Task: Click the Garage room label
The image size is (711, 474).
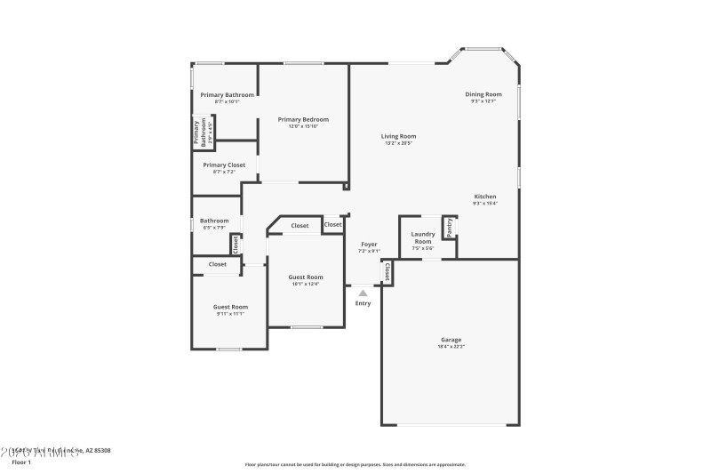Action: click(x=451, y=339)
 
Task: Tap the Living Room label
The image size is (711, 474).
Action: click(x=398, y=136)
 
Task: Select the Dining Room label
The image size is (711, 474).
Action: click(x=483, y=94)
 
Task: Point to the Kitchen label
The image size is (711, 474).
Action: click(x=484, y=197)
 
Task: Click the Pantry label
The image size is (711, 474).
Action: click(x=450, y=228)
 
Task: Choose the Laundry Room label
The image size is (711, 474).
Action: click(x=422, y=237)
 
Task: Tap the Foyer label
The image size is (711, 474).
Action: click(x=369, y=244)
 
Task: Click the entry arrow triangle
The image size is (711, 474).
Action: click(x=363, y=292)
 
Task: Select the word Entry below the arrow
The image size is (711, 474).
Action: click(x=363, y=303)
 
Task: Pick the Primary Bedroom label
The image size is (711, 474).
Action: click(x=303, y=119)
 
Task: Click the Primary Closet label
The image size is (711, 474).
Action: click(x=224, y=165)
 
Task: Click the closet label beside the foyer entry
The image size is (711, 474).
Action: click(x=387, y=270)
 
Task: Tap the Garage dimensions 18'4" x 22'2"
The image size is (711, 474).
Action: click(x=451, y=346)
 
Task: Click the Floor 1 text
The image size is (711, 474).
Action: click(x=21, y=462)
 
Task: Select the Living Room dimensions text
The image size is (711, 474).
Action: click(x=398, y=143)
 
